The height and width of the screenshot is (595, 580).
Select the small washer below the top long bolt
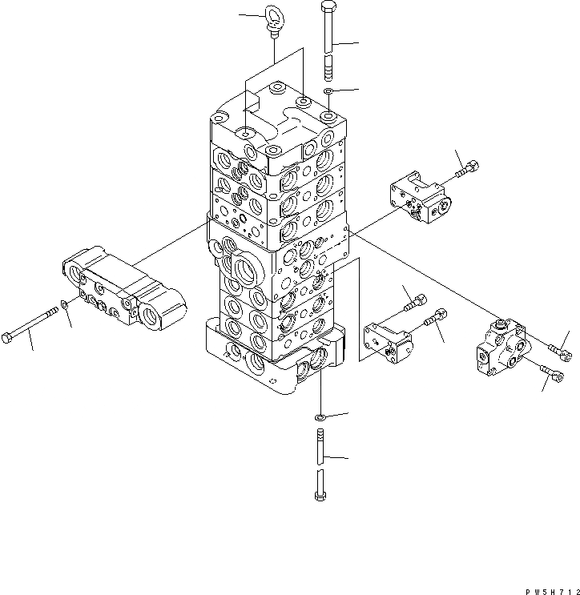tap(328, 93)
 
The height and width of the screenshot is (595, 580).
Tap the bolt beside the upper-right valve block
tap(468, 169)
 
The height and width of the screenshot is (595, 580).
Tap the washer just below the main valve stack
tap(320, 417)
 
